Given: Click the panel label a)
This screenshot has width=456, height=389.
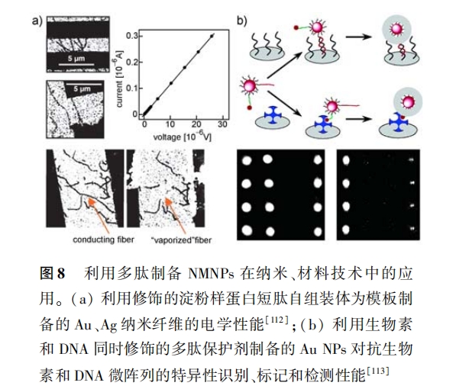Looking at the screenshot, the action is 37,21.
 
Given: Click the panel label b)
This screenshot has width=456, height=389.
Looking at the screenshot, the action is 241,21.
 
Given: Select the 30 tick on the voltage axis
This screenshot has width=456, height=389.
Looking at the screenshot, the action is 222,124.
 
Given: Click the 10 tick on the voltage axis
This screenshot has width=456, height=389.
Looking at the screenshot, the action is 170,124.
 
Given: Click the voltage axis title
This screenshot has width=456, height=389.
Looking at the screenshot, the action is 182,136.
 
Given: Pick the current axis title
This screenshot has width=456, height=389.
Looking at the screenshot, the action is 119,79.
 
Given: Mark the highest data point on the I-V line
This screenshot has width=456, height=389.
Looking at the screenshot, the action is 212,36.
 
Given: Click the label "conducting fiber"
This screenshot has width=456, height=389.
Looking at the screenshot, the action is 103,240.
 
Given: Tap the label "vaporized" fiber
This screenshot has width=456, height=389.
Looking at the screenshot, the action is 181,240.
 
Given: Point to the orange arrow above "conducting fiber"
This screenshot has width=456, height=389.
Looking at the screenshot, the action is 99,214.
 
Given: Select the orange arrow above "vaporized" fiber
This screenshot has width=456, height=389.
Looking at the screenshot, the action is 176,215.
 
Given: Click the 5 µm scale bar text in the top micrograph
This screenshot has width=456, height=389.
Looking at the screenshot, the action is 76,59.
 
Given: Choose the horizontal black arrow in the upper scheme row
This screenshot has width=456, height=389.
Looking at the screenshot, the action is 358,37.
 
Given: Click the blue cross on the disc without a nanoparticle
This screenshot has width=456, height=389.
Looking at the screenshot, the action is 272,115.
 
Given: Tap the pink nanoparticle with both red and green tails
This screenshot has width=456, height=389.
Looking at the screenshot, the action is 249,86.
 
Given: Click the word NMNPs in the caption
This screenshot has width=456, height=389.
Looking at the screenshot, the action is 211,274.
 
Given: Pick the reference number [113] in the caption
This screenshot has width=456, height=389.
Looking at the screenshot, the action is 378,371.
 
